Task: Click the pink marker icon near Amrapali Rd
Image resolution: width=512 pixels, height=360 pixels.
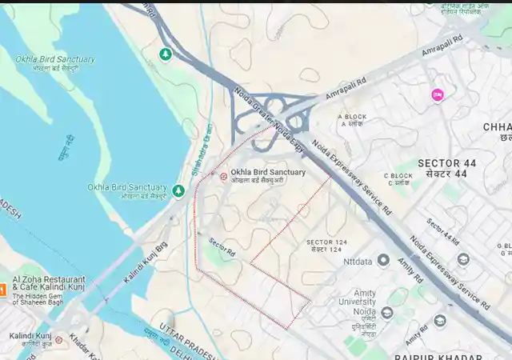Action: point(437,95)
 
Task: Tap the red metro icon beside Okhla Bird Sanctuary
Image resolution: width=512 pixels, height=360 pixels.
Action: point(223,176)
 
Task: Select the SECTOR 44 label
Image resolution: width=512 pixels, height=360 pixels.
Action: point(446,168)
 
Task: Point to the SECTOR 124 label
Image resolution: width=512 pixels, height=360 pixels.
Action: point(324,246)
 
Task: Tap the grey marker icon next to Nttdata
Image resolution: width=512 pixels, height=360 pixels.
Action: point(383,261)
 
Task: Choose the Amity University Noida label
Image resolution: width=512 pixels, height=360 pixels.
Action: point(357,301)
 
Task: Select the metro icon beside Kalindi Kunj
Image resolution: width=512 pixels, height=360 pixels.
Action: point(58,340)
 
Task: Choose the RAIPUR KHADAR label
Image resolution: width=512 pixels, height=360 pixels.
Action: point(435,356)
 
